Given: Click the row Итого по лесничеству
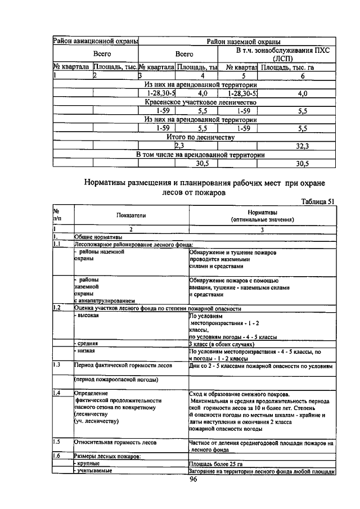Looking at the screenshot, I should click(200, 137).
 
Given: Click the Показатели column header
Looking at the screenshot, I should click(130, 216).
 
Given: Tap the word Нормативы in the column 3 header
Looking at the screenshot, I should click(262, 213).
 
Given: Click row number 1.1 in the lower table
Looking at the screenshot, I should click(57, 245).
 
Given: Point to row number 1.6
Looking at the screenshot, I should click(57, 456).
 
